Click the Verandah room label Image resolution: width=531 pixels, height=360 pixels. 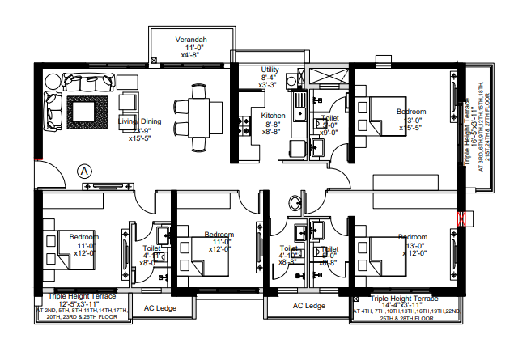pos(192,40)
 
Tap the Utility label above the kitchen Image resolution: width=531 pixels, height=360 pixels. pos(270,70)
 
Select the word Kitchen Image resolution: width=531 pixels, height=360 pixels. pos(273,116)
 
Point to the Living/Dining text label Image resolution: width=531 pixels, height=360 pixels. pos(140,122)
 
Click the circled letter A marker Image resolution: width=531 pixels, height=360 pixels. pos(85,171)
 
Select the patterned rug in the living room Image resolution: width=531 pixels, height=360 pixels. pos(86,111)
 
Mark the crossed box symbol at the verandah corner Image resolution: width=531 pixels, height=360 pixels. pos(155,60)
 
